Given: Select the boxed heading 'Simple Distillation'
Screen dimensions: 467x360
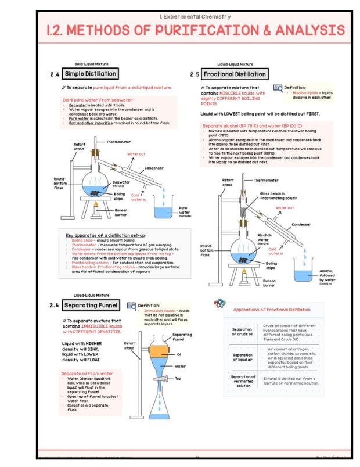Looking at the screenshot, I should tap(90, 74).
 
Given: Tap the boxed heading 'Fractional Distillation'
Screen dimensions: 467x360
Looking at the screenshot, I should tap(235, 74).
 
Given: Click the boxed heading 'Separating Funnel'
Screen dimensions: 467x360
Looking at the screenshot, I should tap(91, 305).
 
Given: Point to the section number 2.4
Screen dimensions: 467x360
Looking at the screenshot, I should tap(55, 74).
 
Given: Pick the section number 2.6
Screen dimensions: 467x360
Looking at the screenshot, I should tap(55, 306).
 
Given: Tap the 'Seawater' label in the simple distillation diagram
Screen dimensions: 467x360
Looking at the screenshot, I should tap(121, 182).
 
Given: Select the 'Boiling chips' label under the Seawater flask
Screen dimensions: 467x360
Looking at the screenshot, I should tap(120, 196).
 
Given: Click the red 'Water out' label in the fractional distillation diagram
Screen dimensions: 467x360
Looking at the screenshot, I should tap(285, 207).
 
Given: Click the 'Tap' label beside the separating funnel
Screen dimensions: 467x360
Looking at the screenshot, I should tap(178, 378).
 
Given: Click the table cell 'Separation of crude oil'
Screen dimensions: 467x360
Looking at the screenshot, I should tap(242, 332).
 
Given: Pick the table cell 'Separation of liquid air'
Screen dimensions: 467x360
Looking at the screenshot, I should tap(242, 357).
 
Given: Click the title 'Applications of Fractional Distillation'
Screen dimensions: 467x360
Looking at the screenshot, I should tap(272, 310).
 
